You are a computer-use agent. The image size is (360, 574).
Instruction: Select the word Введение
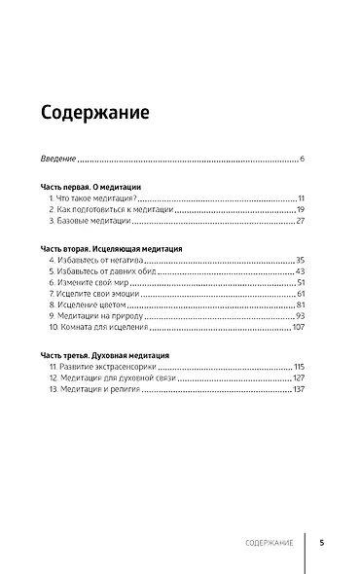pyautogui.click(x=58, y=159)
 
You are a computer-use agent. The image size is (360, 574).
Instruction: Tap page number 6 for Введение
pyautogui.click(x=303, y=159)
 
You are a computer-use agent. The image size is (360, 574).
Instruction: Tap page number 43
pyautogui.click(x=301, y=274)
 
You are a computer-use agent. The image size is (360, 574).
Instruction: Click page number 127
pyautogui.click(x=300, y=379)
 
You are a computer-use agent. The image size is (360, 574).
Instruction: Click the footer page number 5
pyautogui.click(x=321, y=543)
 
